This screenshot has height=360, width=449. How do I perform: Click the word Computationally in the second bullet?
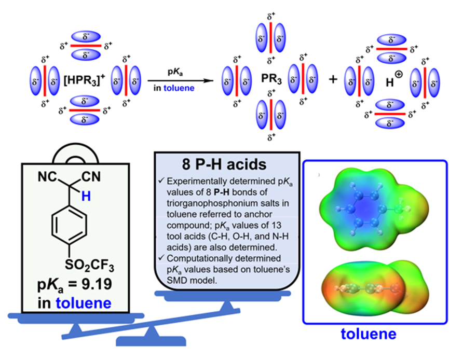tap(198, 258)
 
